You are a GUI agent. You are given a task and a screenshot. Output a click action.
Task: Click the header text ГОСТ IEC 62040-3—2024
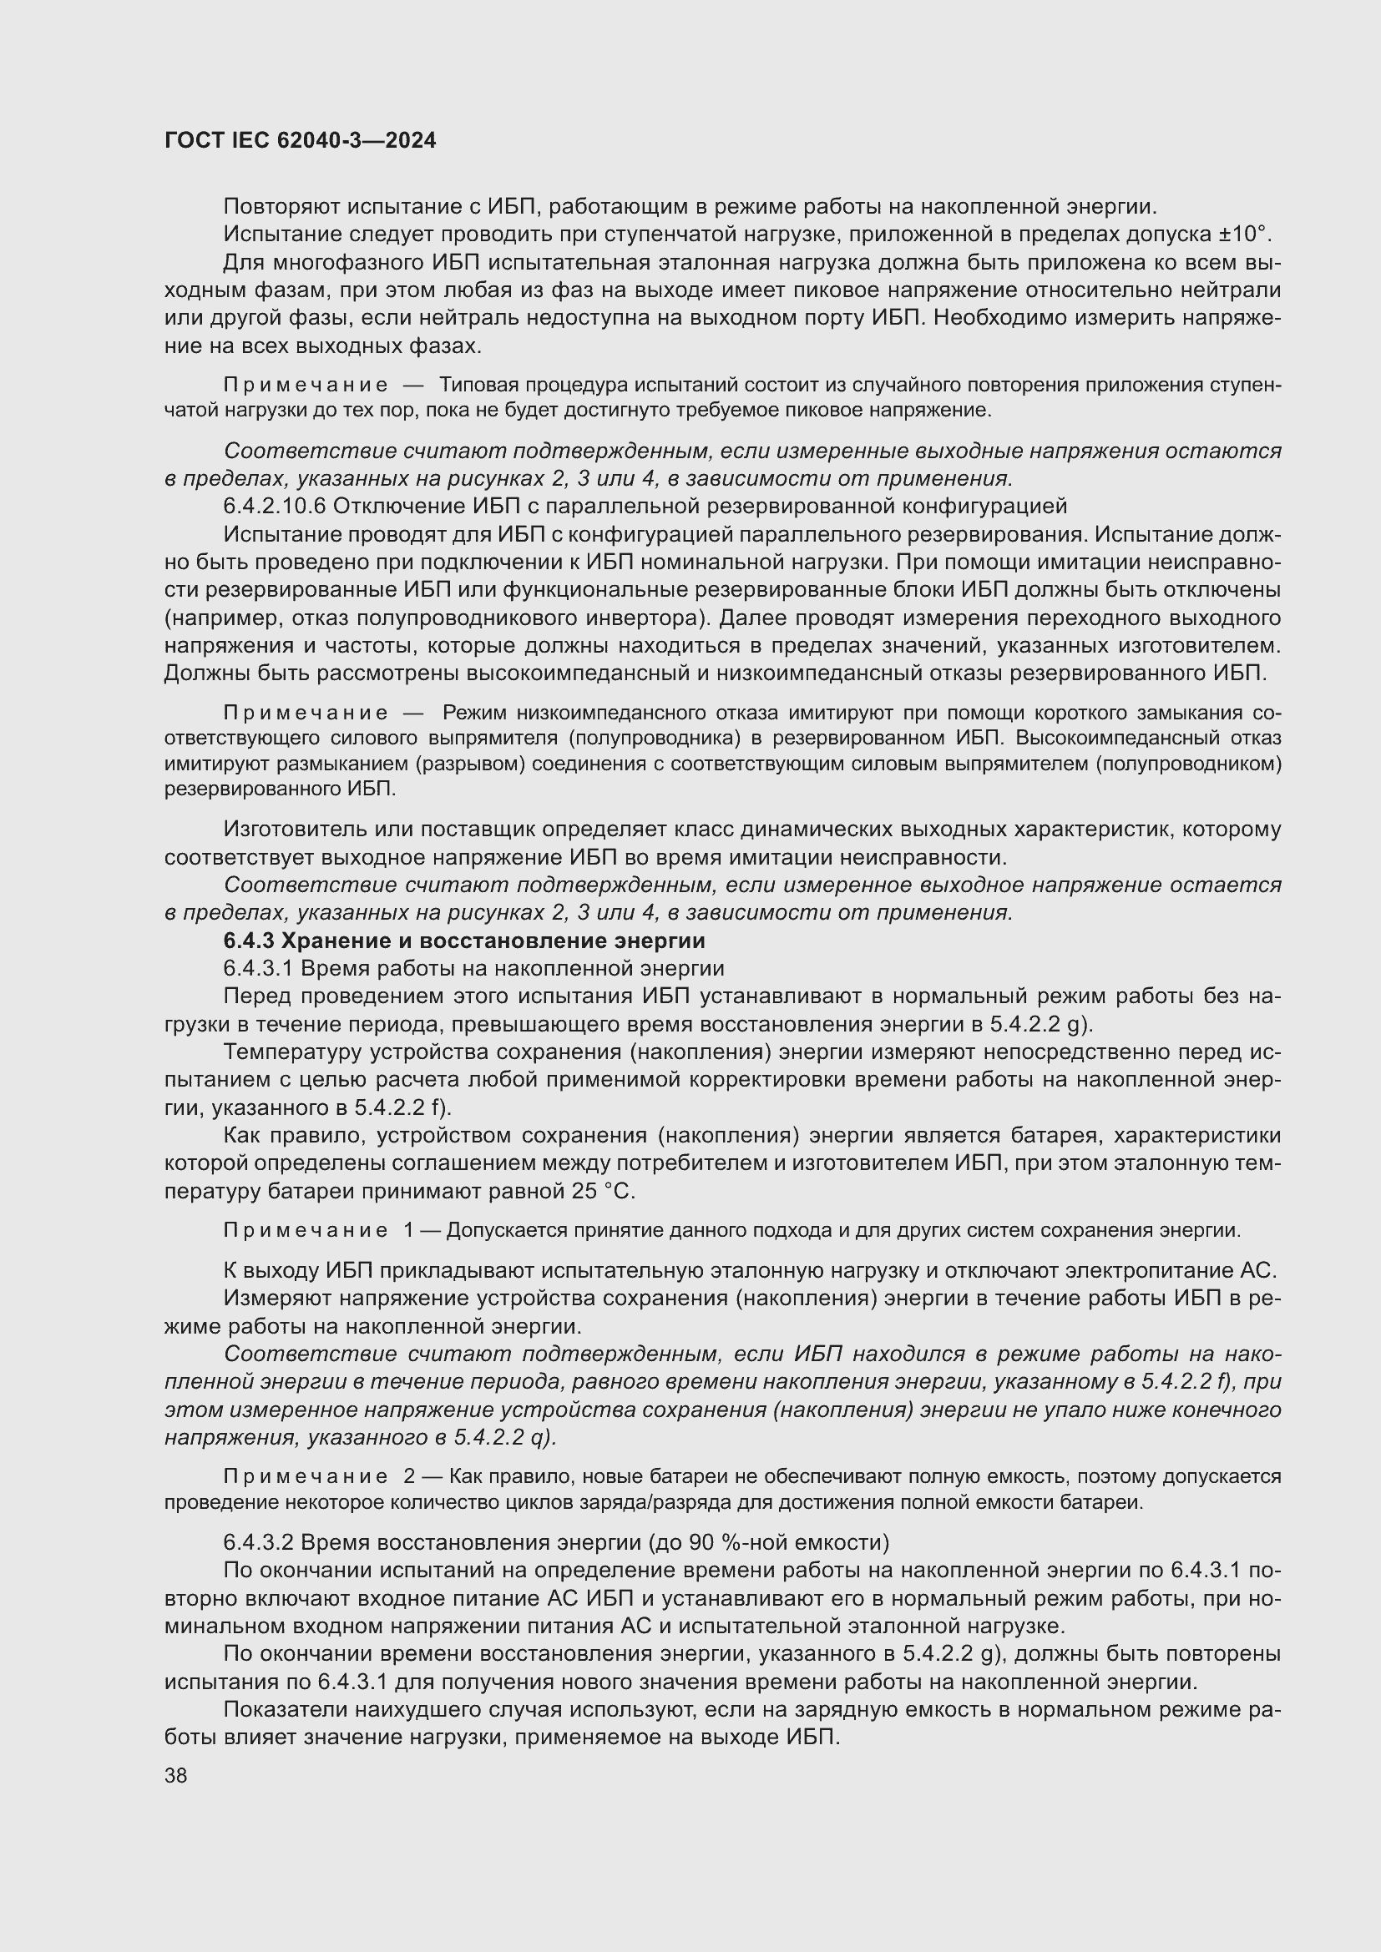click(x=301, y=140)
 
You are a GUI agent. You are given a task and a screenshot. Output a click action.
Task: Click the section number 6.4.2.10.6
click(x=275, y=507)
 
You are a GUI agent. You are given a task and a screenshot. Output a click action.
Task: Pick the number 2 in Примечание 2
click(x=409, y=1478)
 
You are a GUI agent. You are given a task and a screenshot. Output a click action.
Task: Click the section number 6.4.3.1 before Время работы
click(x=258, y=969)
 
